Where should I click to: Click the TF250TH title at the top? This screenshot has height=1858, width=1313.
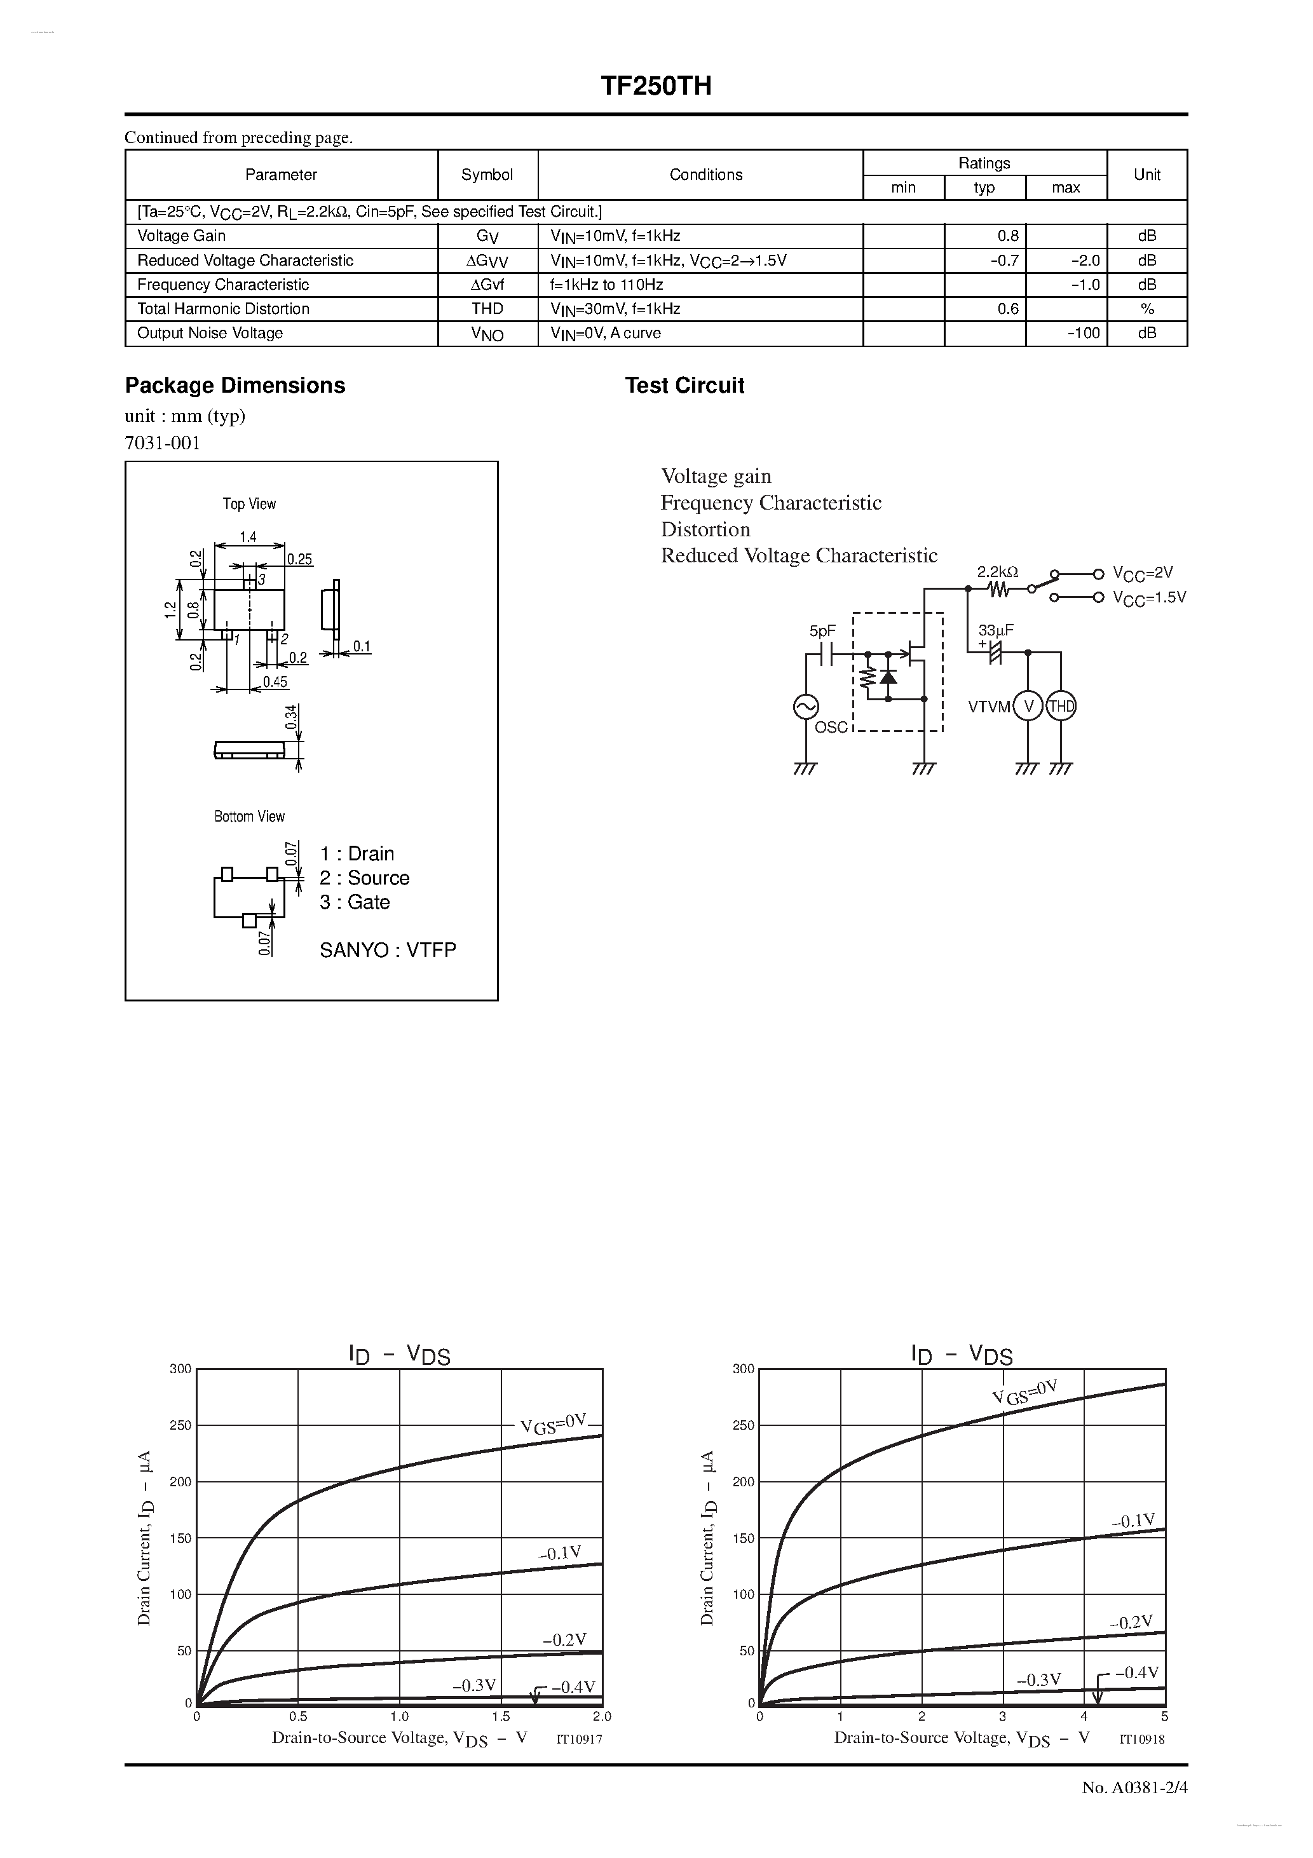pos(656,86)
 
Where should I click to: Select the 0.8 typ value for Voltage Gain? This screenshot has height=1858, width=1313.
pos(1008,236)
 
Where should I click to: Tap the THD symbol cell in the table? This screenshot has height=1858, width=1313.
pos(487,309)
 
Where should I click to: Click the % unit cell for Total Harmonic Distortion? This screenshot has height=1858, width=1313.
pos(1146,309)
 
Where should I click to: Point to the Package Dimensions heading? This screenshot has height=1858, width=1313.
pos(235,385)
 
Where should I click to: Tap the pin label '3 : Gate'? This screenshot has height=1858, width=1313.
pos(355,902)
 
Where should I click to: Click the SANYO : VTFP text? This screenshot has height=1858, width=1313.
pos(388,950)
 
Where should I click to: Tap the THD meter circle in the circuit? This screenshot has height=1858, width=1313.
pos(1061,707)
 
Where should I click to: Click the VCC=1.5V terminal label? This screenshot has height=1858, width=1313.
pos(1148,598)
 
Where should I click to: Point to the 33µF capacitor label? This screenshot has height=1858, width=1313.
pos(996,630)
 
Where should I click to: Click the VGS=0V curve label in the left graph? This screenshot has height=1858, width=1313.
pos(553,1423)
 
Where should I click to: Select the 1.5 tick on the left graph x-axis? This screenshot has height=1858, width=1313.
pos(500,1716)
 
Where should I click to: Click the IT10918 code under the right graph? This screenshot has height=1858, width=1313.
pos(1141,1739)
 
